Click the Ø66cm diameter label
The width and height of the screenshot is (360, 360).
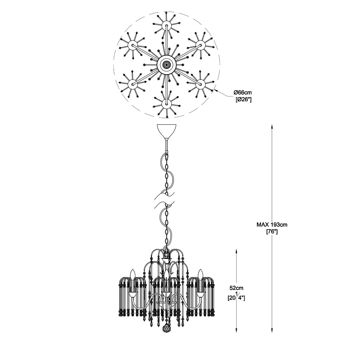pyautogui.click(x=243, y=93)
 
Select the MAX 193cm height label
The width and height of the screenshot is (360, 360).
pyautogui.click(x=272, y=225)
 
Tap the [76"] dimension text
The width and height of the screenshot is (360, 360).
pyautogui.click(x=272, y=232)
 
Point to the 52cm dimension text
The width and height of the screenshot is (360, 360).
pyautogui.click(x=237, y=288)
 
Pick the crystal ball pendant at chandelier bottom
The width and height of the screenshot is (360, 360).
pyautogui.click(x=166, y=333)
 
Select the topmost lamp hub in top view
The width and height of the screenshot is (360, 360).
pyautogui.click(x=166, y=25)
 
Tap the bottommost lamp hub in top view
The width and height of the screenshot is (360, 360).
pyautogui.click(x=166, y=104)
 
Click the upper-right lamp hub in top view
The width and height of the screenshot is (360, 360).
pyautogui.click(x=200, y=45)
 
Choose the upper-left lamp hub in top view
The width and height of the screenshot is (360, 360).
pyautogui.click(x=132, y=45)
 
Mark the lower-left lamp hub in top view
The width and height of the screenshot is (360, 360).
pyautogui.click(x=132, y=84)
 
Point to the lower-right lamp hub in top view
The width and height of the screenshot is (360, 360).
pyautogui.click(x=200, y=84)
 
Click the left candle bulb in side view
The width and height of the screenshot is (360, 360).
pyautogui.click(x=132, y=274)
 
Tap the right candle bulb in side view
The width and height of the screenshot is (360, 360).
pyautogui.click(x=201, y=274)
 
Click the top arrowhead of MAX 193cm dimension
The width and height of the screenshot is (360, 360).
pyautogui.click(x=272, y=126)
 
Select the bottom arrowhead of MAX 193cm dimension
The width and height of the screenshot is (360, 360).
pyautogui.click(x=272, y=330)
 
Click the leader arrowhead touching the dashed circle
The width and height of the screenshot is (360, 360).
pyautogui.click(x=215, y=91)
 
